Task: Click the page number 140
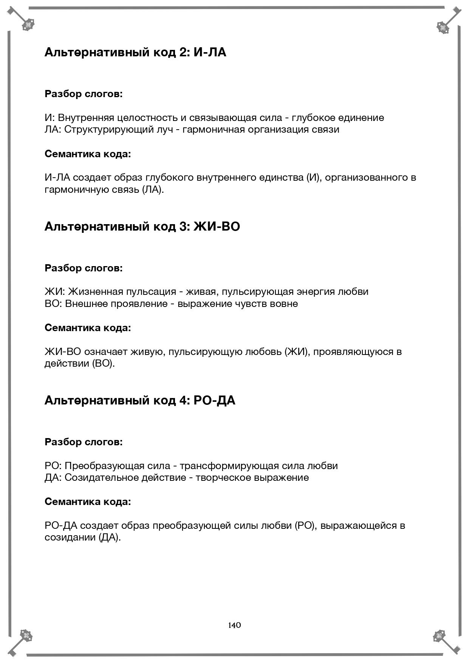click(x=234, y=625)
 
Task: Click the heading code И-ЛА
click(x=210, y=52)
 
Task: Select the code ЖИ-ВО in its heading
click(x=217, y=226)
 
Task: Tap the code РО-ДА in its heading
click(x=214, y=400)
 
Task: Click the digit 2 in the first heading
click(x=183, y=52)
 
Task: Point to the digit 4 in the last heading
click(x=183, y=400)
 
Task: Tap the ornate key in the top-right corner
click(x=447, y=22)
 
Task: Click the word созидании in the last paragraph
click(x=70, y=538)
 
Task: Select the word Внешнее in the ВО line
click(x=86, y=304)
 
